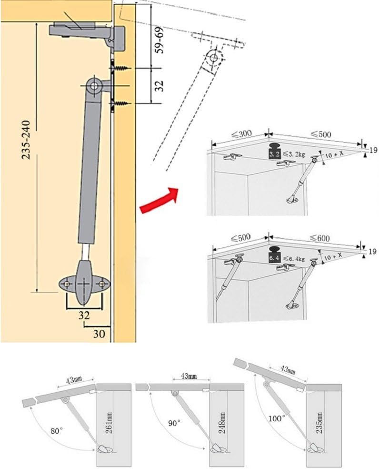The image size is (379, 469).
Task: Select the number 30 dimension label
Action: pyautogui.click(x=98, y=334)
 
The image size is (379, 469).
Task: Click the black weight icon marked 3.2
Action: pyautogui.click(x=274, y=152)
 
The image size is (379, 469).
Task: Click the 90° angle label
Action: pyautogui.click(x=164, y=423)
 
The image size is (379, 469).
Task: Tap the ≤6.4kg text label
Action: pyautogui.click(x=294, y=258)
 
